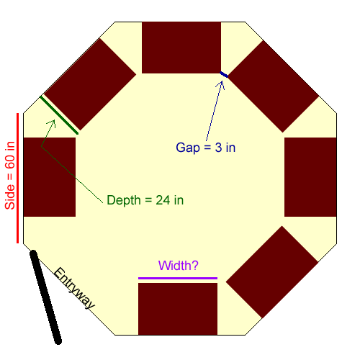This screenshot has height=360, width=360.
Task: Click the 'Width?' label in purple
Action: click(179, 266)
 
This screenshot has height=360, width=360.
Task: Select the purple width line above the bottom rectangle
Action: click(178, 279)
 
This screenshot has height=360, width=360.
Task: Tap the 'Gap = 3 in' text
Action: click(206, 148)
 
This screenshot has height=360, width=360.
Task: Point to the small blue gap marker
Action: click(224, 75)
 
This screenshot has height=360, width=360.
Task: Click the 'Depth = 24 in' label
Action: click(145, 200)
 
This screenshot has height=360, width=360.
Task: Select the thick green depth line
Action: click(59, 115)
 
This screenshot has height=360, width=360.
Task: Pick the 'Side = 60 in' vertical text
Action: click(10, 176)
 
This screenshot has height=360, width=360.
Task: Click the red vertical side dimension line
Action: click(17, 178)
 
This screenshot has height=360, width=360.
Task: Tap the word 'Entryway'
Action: click(74, 288)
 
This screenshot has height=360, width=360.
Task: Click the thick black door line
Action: click(45, 297)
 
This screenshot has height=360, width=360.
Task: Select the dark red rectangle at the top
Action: click(181, 48)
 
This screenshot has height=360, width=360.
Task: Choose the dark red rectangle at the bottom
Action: click(178, 309)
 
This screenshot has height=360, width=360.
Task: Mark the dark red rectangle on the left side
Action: click(50, 177)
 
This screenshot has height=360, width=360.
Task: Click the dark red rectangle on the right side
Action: click(310, 177)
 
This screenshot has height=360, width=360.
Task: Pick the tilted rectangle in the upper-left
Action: click(90, 84)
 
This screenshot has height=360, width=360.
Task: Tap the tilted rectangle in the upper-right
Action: click(273, 86)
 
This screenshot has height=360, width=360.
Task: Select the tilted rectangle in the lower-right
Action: click(272, 272)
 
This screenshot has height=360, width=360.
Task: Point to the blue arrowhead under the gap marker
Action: click(221, 84)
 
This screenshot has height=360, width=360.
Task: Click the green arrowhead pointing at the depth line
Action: click(52, 124)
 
